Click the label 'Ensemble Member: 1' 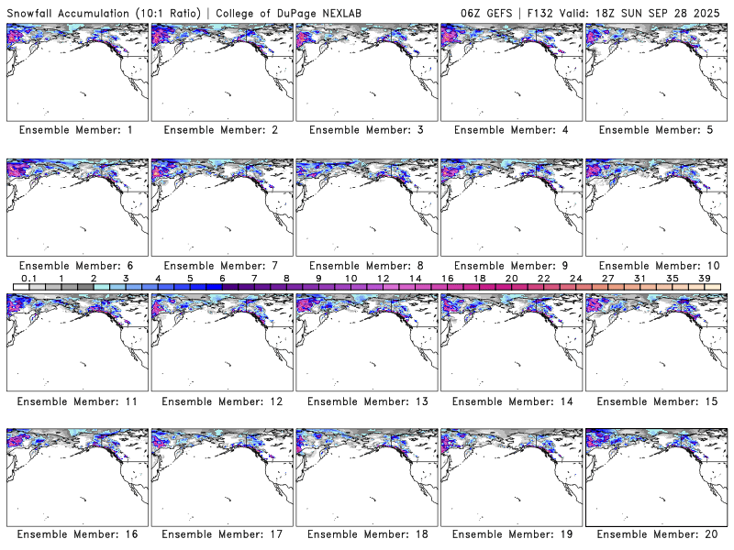76,130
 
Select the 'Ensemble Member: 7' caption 221,266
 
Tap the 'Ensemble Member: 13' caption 365,401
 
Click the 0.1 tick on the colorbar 28,278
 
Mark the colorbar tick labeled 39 704,278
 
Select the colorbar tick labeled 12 383,278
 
